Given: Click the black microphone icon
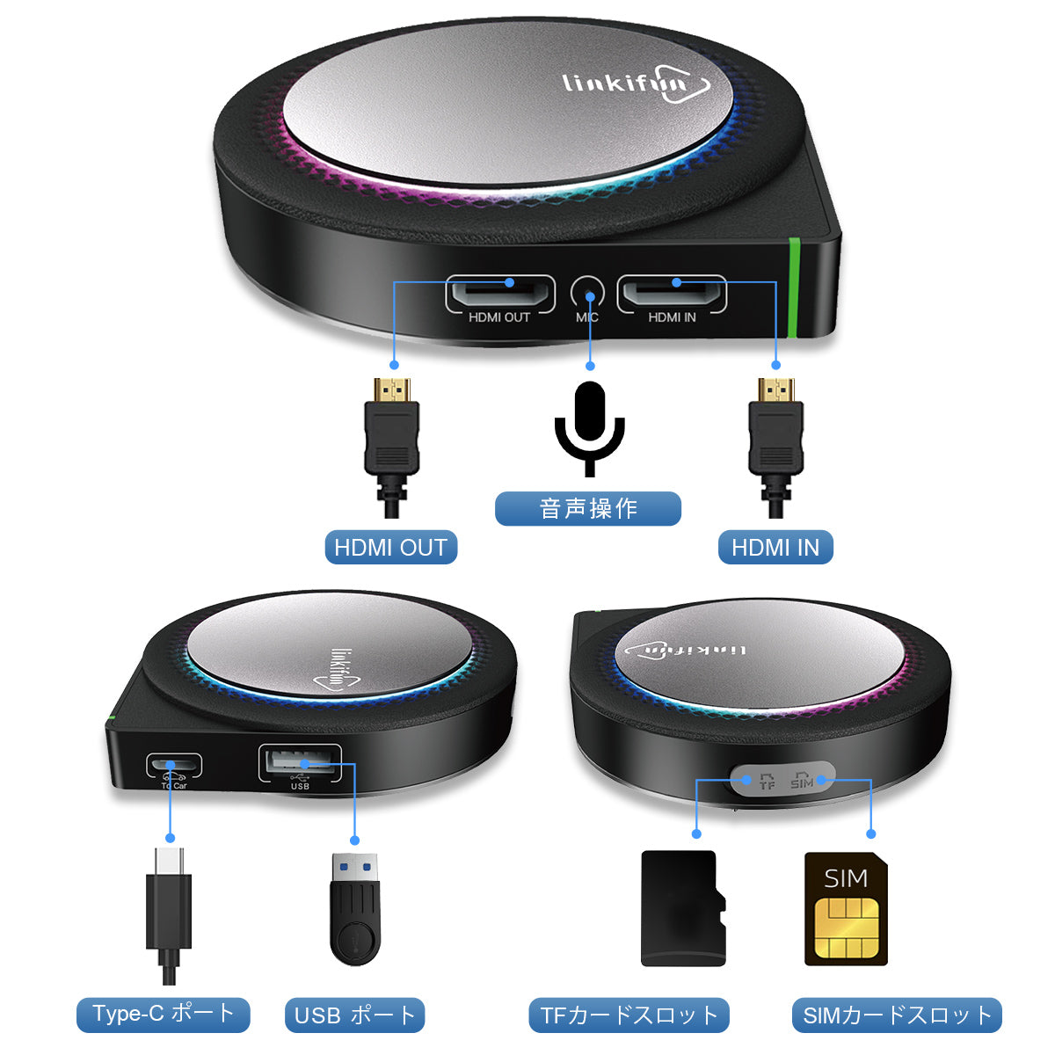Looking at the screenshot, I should (x=589, y=426).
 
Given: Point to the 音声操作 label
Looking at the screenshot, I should (x=587, y=509).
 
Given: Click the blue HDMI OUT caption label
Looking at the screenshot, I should (x=390, y=548).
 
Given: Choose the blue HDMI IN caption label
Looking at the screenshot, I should (x=775, y=548).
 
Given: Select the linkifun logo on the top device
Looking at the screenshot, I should (x=636, y=86).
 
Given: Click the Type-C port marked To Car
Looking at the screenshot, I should (x=174, y=764).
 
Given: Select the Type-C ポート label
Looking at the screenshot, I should (x=163, y=1015).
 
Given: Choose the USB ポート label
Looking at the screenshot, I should (x=354, y=1016).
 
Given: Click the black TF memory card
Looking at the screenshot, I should (x=683, y=908).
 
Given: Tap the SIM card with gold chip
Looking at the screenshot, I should (x=846, y=909).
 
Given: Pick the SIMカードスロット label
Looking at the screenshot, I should (x=897, y=1016).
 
